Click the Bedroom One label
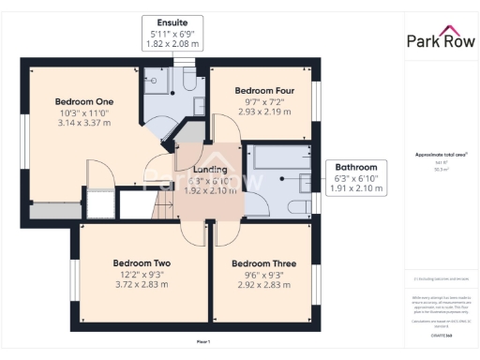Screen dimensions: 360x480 coord(84,101)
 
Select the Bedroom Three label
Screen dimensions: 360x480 coord(263,263)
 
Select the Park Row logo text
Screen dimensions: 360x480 coord(441,40)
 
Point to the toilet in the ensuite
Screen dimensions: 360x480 coord(188,82)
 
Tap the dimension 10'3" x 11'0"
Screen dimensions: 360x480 coord(84,112)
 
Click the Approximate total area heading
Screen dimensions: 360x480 coord(440,154)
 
